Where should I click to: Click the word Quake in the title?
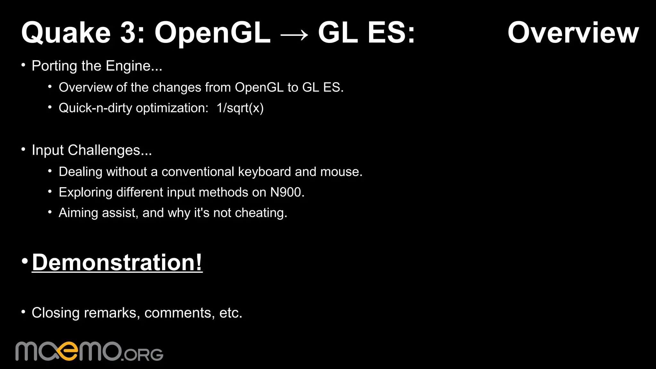66,33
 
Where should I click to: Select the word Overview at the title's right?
573,33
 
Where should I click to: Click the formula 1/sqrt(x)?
240,108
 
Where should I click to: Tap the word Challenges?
110,150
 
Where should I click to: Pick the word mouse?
341,172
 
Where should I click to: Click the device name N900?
287,192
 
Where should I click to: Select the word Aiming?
78,213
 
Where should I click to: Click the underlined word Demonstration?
117,263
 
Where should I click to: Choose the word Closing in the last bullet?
55,313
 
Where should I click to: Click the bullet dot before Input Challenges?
23,149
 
